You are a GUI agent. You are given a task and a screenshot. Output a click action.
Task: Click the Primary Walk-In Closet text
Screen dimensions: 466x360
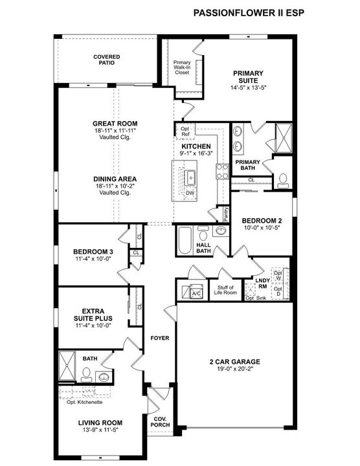182,67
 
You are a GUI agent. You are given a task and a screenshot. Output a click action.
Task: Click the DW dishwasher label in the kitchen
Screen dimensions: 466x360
190,193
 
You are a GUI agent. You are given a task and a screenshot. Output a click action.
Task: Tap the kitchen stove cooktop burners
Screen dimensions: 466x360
222,171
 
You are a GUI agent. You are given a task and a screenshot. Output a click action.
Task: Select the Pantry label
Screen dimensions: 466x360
226,212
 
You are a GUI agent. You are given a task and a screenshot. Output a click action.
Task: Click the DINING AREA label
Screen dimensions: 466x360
115,179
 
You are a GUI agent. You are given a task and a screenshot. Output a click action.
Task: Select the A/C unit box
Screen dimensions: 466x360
194,293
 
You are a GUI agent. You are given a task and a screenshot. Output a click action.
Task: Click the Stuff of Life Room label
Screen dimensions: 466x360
225,291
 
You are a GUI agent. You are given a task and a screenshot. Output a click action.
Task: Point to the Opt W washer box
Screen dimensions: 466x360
278,276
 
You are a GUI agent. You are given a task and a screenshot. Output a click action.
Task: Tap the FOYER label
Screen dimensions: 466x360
160,338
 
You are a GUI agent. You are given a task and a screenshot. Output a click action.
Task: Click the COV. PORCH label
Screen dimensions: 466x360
159,421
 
